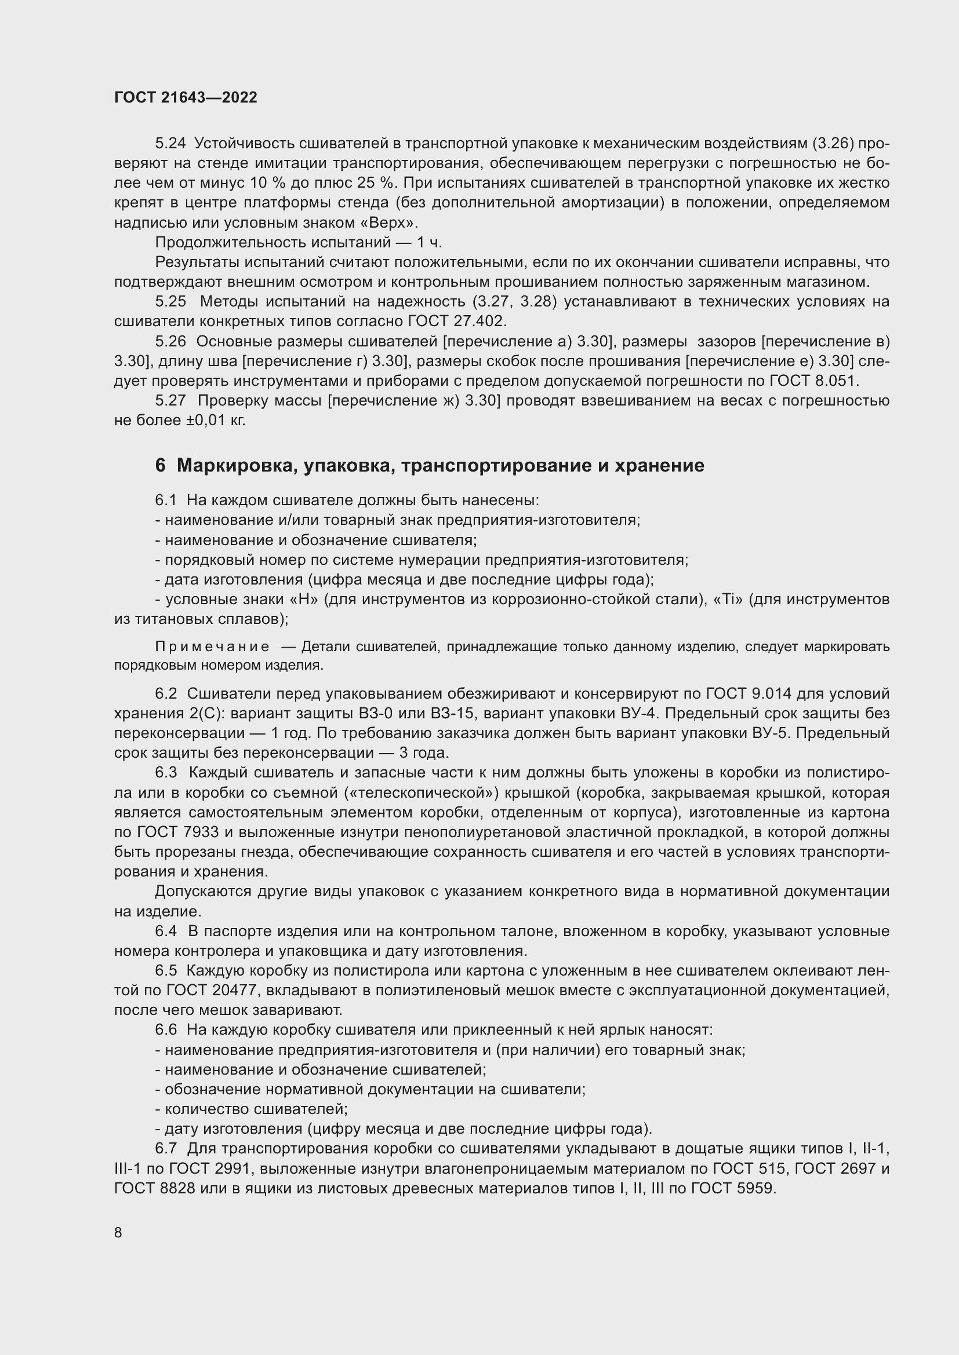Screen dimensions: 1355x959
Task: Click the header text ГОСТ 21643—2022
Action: [186, 97]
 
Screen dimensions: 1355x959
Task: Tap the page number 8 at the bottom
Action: [118, 1232]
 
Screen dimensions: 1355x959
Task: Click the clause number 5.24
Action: [170, 144]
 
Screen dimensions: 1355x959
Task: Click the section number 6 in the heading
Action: [160, 466]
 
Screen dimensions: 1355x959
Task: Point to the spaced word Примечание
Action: [212, 647]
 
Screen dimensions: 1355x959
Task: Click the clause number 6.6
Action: [166, 1031]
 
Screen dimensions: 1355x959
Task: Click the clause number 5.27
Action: [170, 401]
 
